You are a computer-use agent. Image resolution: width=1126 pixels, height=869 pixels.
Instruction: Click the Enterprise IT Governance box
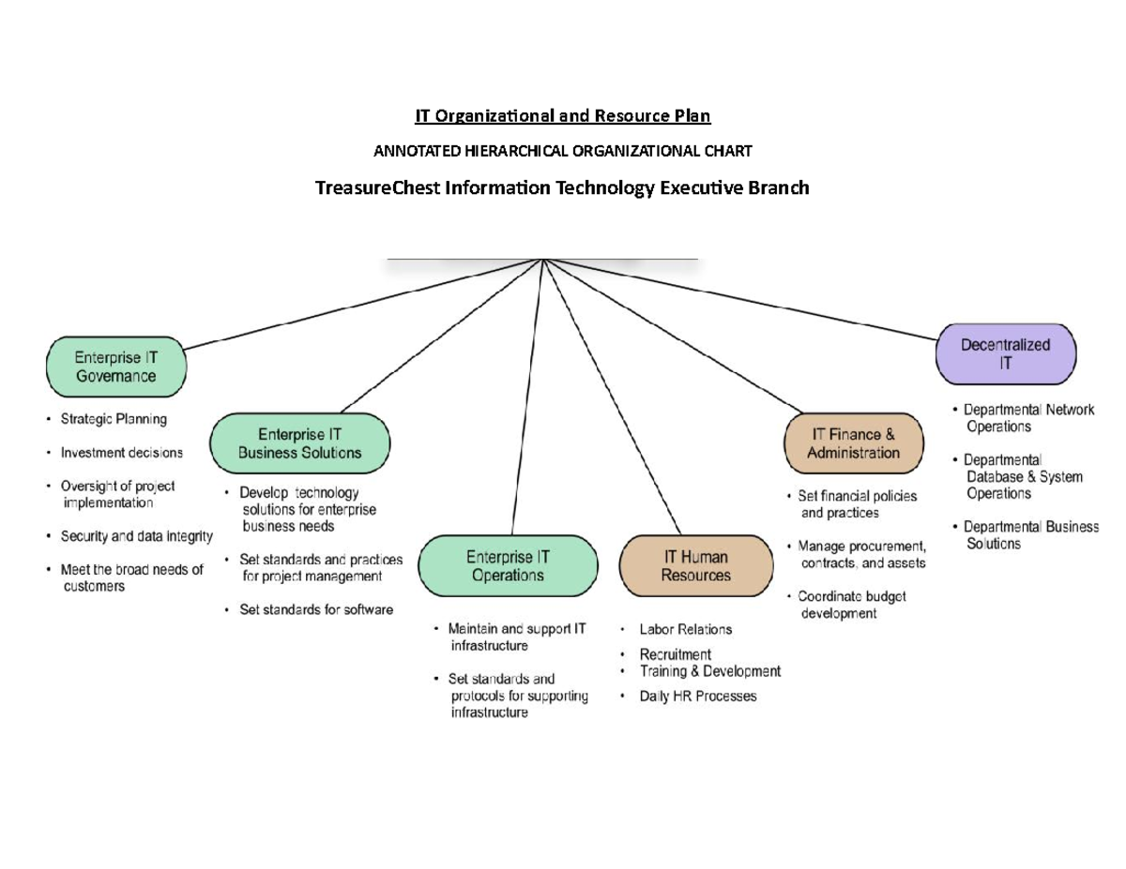point(116,367)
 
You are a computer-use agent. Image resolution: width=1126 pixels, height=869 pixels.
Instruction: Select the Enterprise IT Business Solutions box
point(299,443)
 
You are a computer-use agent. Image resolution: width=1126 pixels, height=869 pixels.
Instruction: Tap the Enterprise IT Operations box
point(508,566)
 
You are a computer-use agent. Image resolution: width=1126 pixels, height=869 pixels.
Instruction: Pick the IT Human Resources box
point(695,566)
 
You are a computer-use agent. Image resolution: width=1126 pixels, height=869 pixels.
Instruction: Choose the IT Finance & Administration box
point(853,443)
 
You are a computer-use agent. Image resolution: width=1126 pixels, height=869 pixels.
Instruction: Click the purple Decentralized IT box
point(1005,354)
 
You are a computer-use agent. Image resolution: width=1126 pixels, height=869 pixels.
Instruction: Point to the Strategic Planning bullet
point(114,419)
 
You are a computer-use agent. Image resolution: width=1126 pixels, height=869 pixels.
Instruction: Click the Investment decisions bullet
point(121,453)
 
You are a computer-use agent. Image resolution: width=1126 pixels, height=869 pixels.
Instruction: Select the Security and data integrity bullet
point(136,536)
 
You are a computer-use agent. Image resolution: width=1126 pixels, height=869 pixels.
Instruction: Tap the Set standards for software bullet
point(316,609)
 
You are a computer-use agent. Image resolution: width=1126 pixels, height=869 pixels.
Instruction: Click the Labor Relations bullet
point(685,629)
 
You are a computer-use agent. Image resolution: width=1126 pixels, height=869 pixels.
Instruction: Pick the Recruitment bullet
point(675,654)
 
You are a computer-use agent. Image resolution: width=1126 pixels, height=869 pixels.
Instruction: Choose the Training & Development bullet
point(709,671)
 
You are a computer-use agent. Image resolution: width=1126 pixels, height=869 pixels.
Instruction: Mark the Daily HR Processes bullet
point(697,697)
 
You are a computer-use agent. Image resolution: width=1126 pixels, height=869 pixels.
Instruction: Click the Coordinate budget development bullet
point(850,605)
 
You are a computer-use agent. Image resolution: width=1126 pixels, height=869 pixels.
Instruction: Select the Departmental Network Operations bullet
point(1027,418)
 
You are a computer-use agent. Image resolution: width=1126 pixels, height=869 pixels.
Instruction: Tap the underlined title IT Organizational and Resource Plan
point(563,116)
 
